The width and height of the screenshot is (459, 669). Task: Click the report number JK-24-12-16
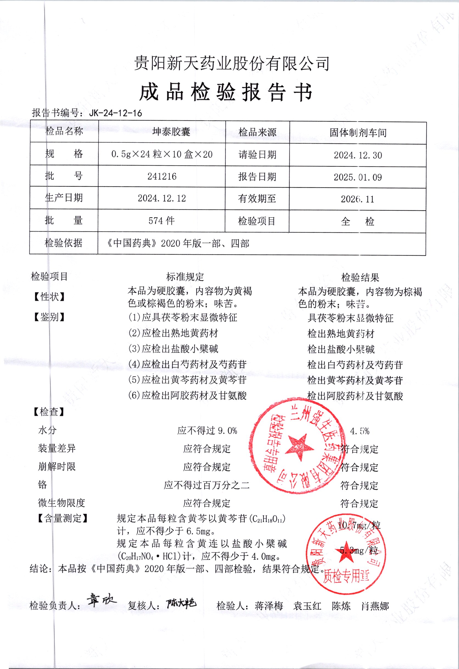point(116,113)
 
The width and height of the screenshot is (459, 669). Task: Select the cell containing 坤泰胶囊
point(171,131)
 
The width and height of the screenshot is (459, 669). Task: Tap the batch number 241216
point(162,176)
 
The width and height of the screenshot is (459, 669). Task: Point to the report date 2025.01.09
point(358,177)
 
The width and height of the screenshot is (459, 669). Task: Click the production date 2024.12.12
point(162,198)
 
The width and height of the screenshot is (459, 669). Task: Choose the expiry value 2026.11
point(357,199)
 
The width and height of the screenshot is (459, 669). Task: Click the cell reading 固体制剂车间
point(358,132)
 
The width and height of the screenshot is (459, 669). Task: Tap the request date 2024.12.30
point(358,155)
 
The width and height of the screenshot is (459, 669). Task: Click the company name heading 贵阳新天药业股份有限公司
point(231,63)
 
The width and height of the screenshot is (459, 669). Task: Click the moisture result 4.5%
point(359,431)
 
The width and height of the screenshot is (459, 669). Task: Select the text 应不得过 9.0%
point(207,431)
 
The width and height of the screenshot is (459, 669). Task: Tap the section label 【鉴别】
point(49,317)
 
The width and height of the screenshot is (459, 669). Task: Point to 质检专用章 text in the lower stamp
point(346,576)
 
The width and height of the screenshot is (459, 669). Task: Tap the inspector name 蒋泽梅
point(269,606)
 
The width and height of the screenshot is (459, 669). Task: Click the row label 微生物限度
point(61,503)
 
